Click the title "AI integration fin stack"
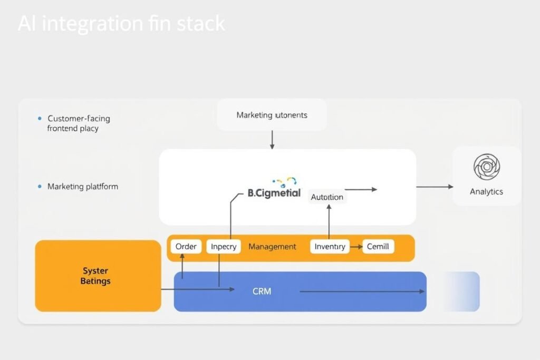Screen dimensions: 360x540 121,24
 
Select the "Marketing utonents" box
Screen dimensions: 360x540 272,115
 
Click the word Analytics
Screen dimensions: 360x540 486,192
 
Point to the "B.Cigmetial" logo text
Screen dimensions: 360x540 274,193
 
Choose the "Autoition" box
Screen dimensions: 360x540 327,197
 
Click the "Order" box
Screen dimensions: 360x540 186,247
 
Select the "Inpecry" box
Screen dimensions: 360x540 224,247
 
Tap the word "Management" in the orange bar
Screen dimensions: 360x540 272,247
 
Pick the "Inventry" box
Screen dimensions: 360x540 330,247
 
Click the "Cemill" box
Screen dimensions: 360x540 378,247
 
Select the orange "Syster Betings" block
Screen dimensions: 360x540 98,276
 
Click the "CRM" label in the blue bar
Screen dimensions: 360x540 262,291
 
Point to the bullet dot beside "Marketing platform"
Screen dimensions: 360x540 40,187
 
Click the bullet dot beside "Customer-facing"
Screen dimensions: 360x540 40,119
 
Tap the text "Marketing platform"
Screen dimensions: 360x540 83,187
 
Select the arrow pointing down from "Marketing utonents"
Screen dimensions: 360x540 272,140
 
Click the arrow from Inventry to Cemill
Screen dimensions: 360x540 356,247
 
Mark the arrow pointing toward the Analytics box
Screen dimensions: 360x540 435,187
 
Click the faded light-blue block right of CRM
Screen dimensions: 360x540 461,291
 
